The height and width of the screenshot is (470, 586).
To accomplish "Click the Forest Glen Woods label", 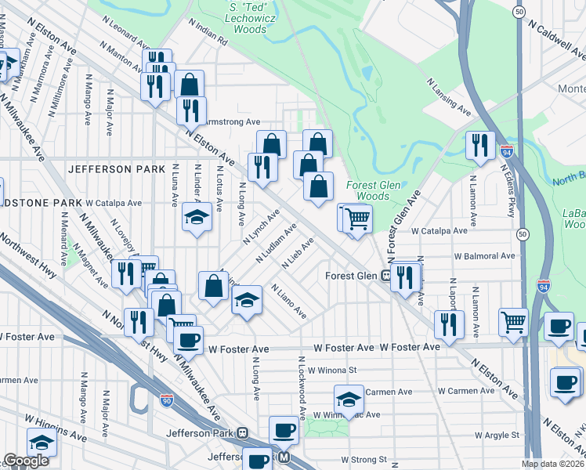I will tap(367, 190).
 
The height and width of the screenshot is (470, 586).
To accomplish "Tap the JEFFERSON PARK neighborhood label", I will tap(116, 169).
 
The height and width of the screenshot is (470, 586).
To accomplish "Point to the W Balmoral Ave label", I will tap(484, 255).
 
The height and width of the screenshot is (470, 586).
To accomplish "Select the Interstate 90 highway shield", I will tap(165, 399).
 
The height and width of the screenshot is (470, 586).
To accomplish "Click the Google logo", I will tap(26, 461).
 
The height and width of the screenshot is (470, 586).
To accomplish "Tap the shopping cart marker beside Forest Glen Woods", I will tap(357, 219).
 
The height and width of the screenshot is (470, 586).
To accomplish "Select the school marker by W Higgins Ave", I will tap(42, 441).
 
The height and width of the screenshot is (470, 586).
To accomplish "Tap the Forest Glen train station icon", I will tap(386, 276).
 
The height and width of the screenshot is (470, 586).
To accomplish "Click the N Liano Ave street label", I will tap(288, 301).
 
